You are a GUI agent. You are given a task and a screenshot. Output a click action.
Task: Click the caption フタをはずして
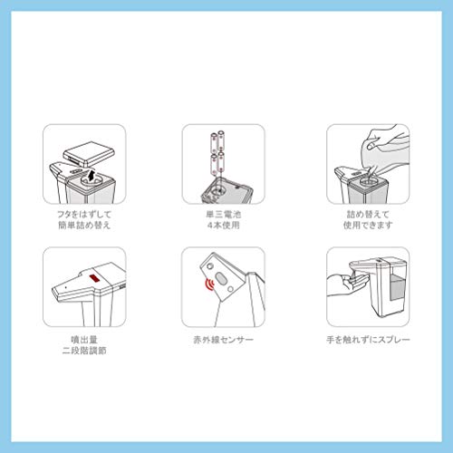(x=84, y=215)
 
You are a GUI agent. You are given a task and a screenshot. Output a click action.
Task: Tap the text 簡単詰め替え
(x=84, y=225)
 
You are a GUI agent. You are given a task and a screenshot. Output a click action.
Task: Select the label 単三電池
(x=224, y=215)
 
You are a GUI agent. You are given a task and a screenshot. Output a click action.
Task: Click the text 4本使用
(x=224, y=225)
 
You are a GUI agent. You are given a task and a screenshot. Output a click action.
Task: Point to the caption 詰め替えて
(x=368, y=215)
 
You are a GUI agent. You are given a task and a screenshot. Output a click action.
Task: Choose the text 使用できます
(x=368, y=225)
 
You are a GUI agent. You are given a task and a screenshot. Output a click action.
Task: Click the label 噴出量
(x=84, y=340)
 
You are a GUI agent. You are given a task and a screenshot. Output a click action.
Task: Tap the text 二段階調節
(x=84, y=351)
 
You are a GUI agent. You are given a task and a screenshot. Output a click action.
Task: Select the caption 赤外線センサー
(x=224, y=340)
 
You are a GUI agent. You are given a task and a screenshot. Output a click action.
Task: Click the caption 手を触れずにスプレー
(x=368, y=340)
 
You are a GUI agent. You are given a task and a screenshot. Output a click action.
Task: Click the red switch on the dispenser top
(x=95, y=278)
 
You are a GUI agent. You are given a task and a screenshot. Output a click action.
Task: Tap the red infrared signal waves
(x=209, y=284)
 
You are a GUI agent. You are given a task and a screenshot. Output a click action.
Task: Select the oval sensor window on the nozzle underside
(x=221, y=278)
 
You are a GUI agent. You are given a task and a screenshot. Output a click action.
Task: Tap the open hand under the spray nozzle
(x=347, y=284)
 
